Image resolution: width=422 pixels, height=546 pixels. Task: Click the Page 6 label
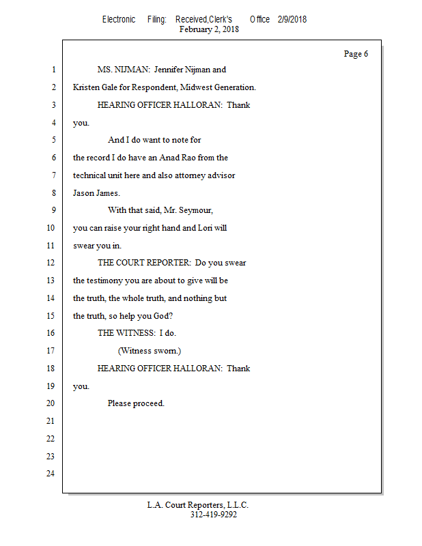pos(356,54)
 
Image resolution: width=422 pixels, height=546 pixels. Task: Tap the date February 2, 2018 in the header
pos(209,29)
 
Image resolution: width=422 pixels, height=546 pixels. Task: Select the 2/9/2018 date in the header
pos(292,19)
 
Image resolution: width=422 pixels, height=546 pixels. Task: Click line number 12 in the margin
pos(51,263)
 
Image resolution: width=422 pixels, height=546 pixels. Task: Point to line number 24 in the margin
pos(51,473)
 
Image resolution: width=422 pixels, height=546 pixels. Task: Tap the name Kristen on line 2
pos(87,87)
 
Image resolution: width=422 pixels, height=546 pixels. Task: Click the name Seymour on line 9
pos(206,210)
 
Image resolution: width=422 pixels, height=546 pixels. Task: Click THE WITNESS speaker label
pos(126,333)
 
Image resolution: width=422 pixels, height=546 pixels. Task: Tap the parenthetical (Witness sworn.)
pos(150,351)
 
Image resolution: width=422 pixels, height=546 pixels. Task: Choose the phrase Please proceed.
pos(136,403)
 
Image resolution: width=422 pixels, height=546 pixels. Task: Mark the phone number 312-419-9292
pos(213,515)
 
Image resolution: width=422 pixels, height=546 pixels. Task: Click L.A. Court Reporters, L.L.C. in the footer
pos(198,505)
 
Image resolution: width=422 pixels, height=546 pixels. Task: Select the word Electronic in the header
pos(119,19)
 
